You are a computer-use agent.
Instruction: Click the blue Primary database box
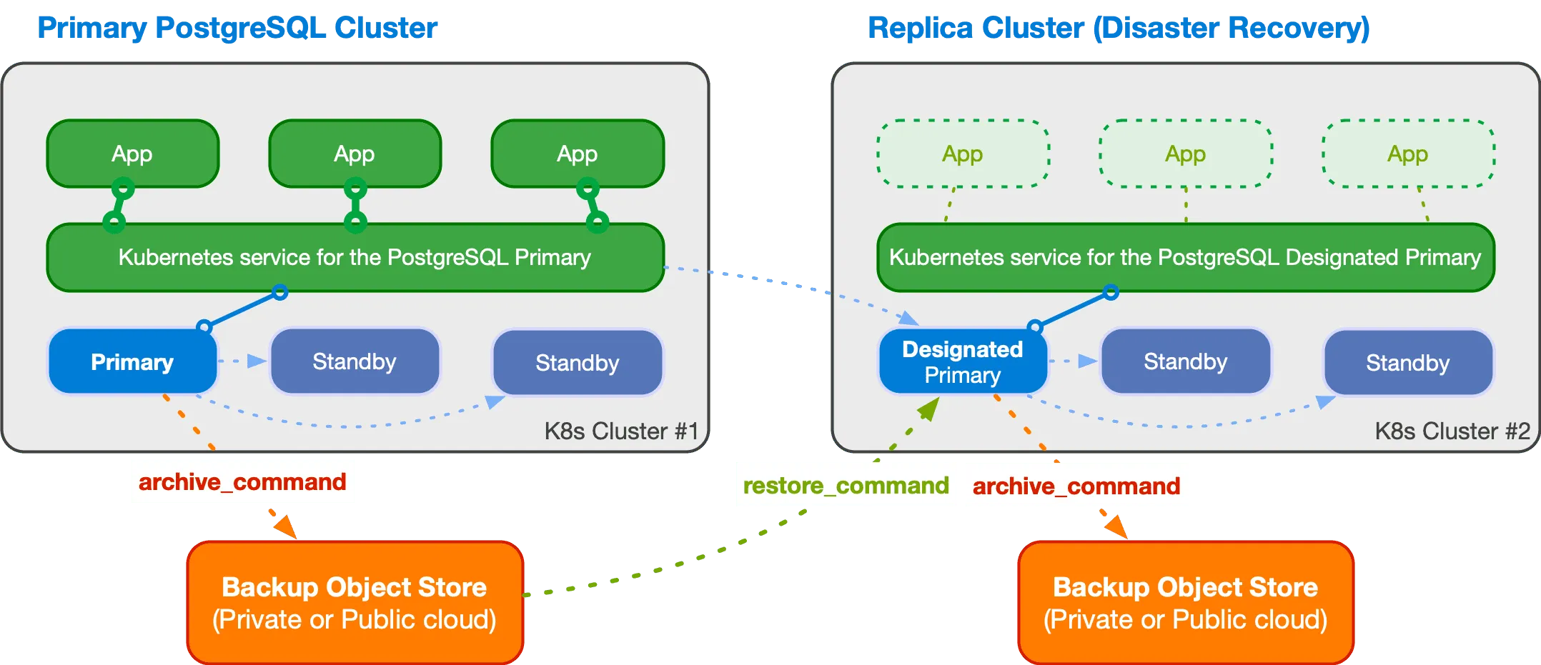click(132, 361)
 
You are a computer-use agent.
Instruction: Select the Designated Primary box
click(962, 361)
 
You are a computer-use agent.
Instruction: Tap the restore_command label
click(846, 485)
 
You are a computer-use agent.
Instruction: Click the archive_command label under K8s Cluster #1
click(242, 481)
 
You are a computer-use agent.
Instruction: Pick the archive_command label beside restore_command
click(1076, 486)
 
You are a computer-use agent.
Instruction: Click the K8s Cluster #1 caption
click(620, 431)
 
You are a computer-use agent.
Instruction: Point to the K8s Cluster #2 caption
click(1452, 431)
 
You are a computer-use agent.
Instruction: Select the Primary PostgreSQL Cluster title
click(237, 28)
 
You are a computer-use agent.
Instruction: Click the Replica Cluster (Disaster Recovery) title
click(1119, 28)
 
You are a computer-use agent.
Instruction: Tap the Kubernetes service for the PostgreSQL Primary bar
click(355, 257)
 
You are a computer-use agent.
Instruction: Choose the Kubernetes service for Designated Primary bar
click(1185, 257)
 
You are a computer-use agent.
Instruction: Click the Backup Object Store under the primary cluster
click(355, 602)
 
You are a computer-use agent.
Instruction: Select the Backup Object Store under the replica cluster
click(1185, 602)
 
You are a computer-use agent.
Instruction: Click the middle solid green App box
click(355, 154)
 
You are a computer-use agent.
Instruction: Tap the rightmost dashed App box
click(1407, 154)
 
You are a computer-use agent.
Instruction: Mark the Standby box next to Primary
click(355, 361)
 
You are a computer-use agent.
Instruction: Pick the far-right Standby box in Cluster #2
click(1407, 362)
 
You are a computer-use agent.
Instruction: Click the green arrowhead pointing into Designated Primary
click(928, 409)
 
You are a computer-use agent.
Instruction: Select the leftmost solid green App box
click(132, 154)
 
